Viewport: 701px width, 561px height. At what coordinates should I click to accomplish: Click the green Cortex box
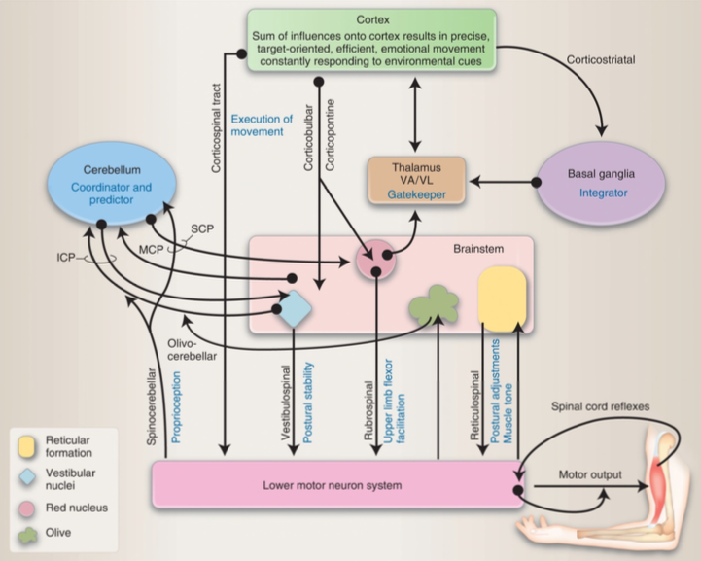371,39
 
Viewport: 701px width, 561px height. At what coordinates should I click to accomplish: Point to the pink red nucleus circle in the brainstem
375,260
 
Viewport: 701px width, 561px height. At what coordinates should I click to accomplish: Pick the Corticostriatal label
600,60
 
